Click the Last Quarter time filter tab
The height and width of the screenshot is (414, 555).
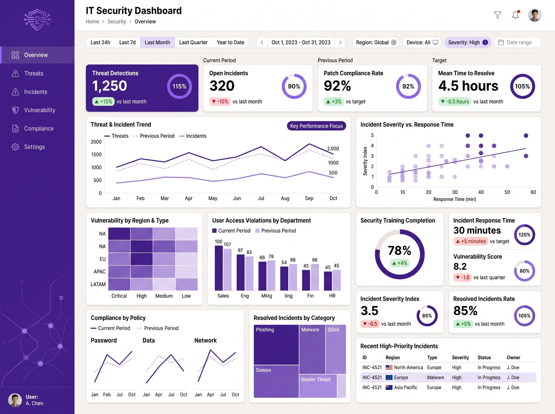[x=193, y=42]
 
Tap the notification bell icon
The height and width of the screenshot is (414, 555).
[x=515, y=15]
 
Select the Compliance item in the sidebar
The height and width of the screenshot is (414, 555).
[x=39, y=128]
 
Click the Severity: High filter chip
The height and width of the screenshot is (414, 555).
[x=468, y=42]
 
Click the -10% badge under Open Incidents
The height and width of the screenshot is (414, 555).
[x=220, y=101]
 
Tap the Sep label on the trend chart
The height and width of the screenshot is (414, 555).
[x=309, y=198]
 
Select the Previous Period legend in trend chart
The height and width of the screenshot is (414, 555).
[x=154, y=136]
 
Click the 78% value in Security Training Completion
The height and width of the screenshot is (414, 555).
[x=400, y=250]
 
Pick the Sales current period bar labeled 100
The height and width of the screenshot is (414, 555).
[x=219, y=268]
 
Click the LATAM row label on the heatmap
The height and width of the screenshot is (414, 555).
[x=98, y=284]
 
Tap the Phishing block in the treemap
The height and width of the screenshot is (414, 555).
[x=276, y=345]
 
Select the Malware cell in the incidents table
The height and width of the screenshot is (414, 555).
[x=435, y=377]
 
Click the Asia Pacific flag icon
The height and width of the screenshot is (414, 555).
[x=389, y=387]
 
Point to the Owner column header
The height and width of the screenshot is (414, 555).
[x=513, y=358]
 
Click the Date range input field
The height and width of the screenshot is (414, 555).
[x=518, y=42]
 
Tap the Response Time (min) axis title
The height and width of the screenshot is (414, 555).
[x=454, y=199]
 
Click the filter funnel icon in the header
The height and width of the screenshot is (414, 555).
[x=498, y=15]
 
